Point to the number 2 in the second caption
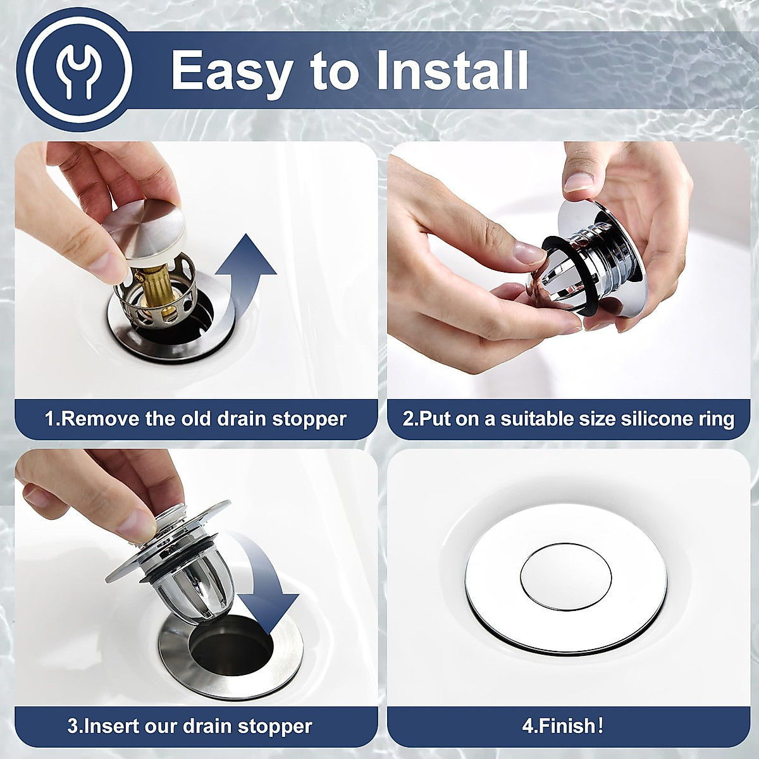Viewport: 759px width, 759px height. [x=407, y=419]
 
